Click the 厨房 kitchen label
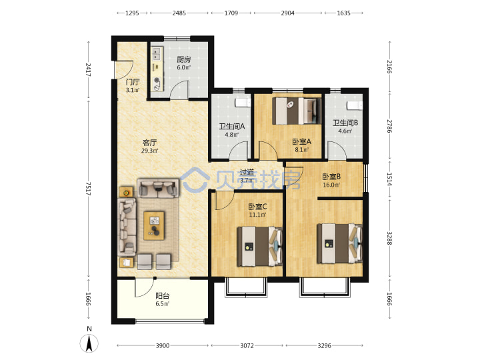[184, 60]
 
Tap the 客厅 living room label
[150, 143]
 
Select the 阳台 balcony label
[162, 296]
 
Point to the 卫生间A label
[232, 127]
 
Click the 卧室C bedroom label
[257, 207]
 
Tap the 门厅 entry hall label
[133, 82]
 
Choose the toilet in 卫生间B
[355, 105]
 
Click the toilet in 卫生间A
[243, 103]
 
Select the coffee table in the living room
[154, 225]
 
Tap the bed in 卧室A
[296, 111]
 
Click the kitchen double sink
[157, 53]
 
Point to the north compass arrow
[89, 343]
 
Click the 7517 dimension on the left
[88, 189]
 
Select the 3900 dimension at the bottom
[163, 345]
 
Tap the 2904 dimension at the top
[288, 13]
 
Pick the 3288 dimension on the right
[389, 238]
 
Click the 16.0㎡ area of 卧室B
[331, 185]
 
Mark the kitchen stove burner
[157, 81]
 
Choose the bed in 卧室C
[259, 246]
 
